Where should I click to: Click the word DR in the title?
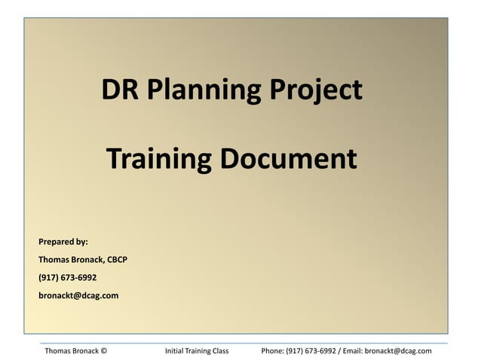(120, 90)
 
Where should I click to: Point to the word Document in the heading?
(287, 159)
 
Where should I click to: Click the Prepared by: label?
(63, 242)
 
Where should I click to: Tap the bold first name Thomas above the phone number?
(54, 260)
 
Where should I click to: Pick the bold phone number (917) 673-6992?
(68, 277)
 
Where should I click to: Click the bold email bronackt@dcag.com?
(78, 295)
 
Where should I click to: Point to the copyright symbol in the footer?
(104, 351)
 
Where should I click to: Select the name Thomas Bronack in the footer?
(72, 351)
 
